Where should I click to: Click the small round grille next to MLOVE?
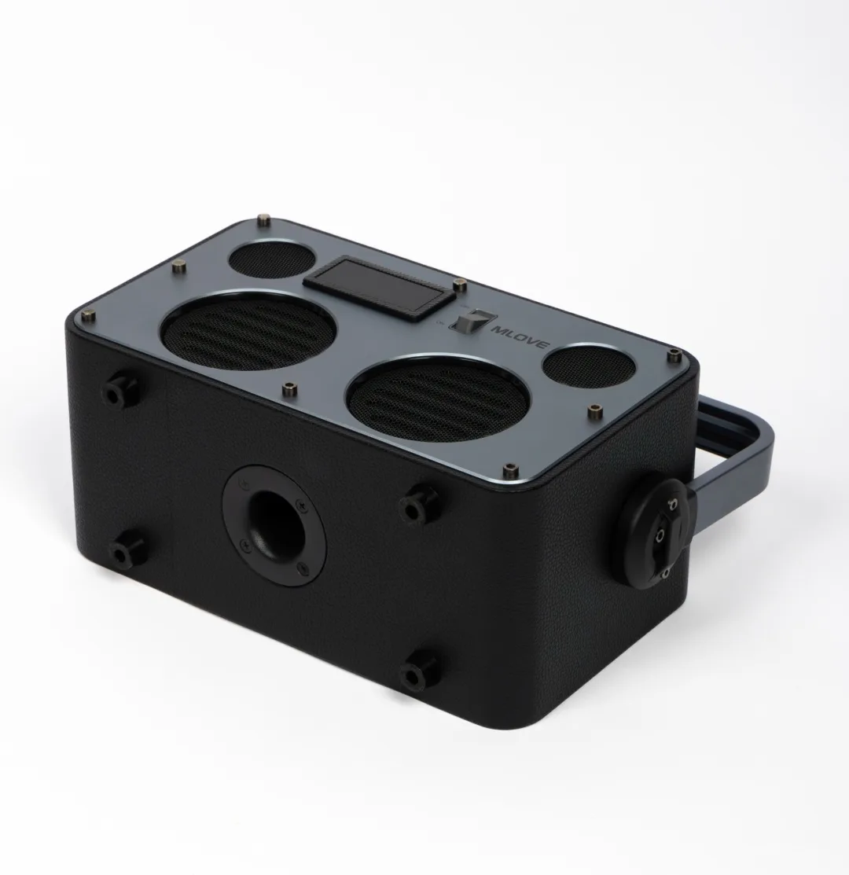point(588,368)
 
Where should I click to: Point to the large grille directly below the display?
point(248,330)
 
